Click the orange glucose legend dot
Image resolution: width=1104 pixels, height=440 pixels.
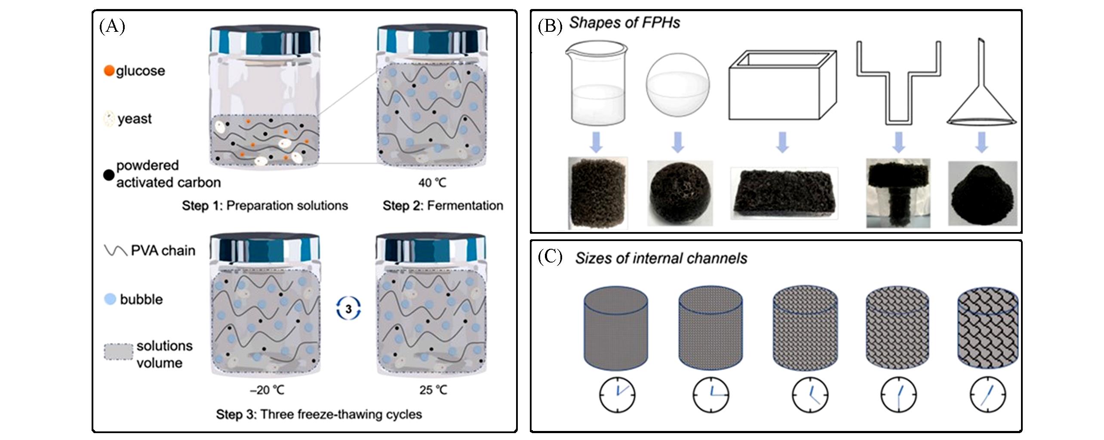pyautogui.click(x=109, y=70)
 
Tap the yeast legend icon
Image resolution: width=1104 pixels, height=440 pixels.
pyautogui.click(x=109, y=119)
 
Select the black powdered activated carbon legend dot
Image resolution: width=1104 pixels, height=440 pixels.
pyautogui.click(x=109, y=175)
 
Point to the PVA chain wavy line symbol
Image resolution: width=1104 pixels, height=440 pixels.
pyautogui.click(x=115, y=251)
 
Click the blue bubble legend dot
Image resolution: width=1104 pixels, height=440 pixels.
pyautogui.click(x=111, y=299)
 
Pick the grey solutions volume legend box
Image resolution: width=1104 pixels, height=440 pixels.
pyautogui.click(x=118, y=351)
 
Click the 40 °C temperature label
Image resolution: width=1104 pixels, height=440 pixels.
pyautogui.click(x=432, y=183)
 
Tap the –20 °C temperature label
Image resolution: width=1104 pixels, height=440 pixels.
pyautogui.click(x=267, y=390)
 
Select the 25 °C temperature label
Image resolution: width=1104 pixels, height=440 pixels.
pyautogui.click(x=433, y=390)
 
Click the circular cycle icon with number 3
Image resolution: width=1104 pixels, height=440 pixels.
pyautogui.click(x=348, y=309)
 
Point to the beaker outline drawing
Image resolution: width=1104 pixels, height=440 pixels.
pyautogui.click(x=596, y=82)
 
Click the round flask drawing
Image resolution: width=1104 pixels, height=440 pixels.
pyautogui.click(x=678, y=83)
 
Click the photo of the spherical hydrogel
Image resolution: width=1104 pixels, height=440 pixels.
pyautogui.click(x=680, y=192)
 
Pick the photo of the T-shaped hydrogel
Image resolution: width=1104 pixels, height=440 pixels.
pyautogui.click(x=898, y=192)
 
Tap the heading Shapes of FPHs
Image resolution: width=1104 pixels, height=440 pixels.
pyautogui.click(x=624, y=23)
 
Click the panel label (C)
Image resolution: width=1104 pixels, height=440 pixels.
pyautogui.click(x=550, y=257)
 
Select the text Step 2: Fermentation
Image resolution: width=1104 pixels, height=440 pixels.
pyautogui.click(x=443, y=206)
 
